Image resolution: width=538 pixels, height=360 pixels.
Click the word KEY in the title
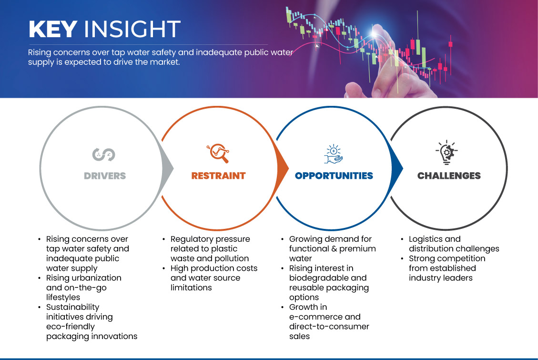(53, 29)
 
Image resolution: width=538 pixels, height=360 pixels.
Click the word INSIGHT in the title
(132, 29)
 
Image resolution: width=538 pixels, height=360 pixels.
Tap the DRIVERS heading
(105, 176)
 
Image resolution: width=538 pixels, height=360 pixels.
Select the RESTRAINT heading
(219, 176)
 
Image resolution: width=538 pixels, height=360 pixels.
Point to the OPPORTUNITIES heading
(334, 176)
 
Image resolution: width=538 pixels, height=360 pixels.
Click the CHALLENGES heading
(449, 176)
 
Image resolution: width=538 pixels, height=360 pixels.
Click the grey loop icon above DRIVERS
(103, 154)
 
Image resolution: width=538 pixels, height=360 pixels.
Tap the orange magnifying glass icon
(218, 153)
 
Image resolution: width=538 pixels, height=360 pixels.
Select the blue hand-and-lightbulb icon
(334, 154)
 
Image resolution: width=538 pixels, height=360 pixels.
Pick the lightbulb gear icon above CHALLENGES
(447, 152)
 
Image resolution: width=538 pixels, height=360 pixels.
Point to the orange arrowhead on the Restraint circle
(283, 168)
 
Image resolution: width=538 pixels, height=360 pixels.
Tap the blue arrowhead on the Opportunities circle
(397, 168)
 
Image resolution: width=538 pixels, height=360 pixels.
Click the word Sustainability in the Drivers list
(73, 308)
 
